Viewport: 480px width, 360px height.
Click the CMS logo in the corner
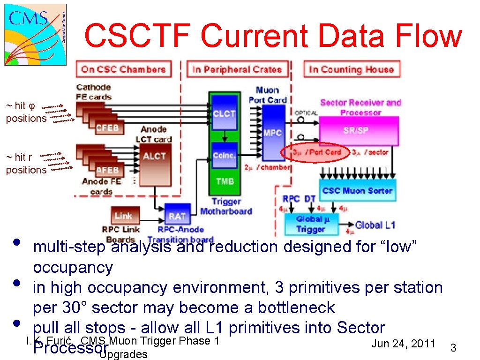[x=36, y=33]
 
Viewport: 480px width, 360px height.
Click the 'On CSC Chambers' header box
[x=123, y=70]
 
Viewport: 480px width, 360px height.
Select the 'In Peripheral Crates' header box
[x=237, y=70]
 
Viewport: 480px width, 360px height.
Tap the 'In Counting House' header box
[x=351, y=70]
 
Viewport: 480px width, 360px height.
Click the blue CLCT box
[x=224, y=114]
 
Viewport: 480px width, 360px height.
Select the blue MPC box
[x=273, y=133]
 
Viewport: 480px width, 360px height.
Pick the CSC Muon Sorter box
[x=358, y=191]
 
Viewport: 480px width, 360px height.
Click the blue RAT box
[x=177, y=216]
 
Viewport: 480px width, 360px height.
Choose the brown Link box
[x=124, y=216]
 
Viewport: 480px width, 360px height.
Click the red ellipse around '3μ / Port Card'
[x=315, y=152]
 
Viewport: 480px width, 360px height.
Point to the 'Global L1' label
[x=375, y=225]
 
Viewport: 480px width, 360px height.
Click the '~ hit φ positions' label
[x=26, y=112]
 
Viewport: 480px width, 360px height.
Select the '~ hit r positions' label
[x=26, y=164]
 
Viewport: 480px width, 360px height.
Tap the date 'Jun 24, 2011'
[x=403, y=344]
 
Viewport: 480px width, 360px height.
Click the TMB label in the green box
[x=225, y=181]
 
